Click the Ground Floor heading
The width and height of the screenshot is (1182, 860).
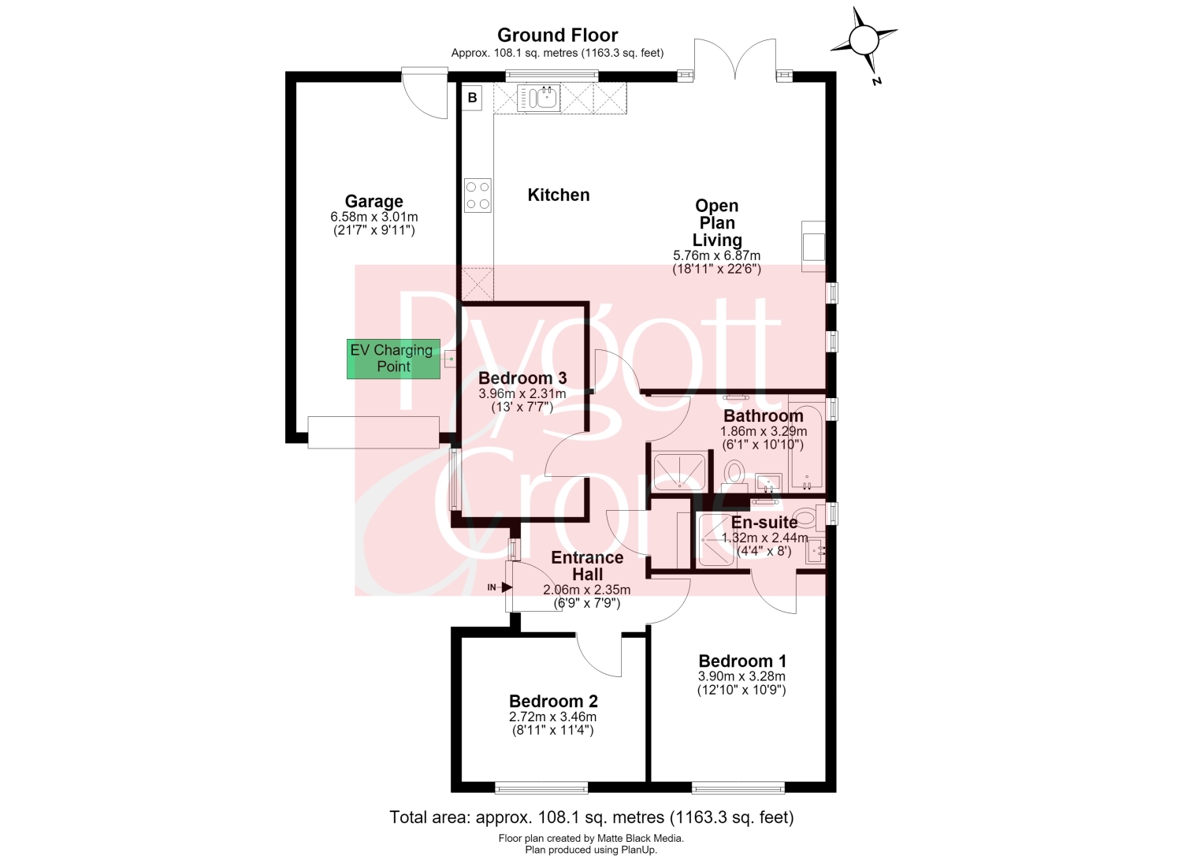tap(557, 35)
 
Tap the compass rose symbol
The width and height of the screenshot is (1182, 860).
tap(864, 40)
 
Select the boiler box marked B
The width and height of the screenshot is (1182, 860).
tap(472, 98)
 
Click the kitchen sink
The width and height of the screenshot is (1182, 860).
tap(538, 99)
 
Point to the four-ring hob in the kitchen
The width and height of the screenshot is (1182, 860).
tap(478, 195)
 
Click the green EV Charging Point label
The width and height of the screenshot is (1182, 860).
tap(393, 359)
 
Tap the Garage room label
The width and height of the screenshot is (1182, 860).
tap(374, 201)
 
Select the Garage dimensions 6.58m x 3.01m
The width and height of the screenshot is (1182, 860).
tap(374, 217)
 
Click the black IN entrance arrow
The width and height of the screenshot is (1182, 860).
tap(507, 586)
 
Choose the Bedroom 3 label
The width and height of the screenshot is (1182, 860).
tap(522, 378)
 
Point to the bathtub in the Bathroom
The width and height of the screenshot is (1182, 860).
tap(806, 447)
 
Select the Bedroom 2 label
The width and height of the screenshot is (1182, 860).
tap(553, 701)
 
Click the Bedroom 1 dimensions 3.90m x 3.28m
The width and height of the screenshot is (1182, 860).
tap(742, 676)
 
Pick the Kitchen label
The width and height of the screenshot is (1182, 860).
tap(559, 195)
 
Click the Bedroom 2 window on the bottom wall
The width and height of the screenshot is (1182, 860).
tap(541, 789)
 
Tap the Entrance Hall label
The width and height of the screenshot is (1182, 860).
tap(587, 565)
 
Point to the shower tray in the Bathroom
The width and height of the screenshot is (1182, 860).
tap(679, 471)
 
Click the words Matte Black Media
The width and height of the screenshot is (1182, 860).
tap(640, 838)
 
